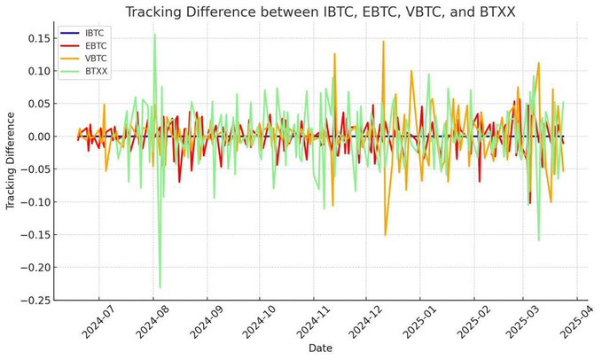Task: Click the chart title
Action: (321, 12)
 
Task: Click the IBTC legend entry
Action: (93, 34)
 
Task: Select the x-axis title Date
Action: (321, 348)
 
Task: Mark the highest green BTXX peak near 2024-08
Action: (154, 35)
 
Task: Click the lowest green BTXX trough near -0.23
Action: (160, 286)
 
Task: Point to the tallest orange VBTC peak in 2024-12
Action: (383, 42)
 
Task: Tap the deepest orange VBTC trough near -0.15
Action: (385, 234)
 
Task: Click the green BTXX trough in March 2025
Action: (538, 239)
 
